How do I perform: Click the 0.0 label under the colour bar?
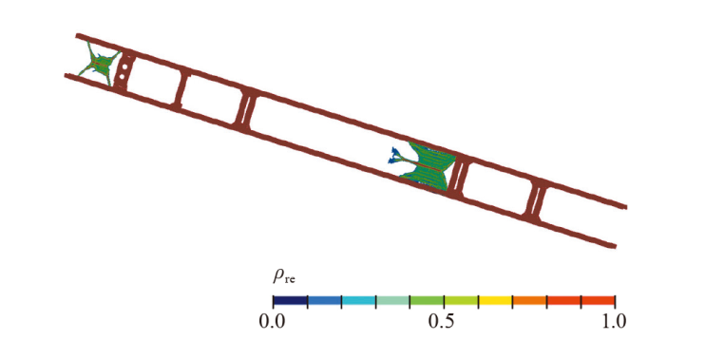[273, 321]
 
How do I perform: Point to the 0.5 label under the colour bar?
[444, 321]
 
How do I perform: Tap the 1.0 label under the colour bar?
[614, 321]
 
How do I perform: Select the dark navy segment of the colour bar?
[291, 300]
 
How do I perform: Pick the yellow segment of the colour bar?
[495, 300]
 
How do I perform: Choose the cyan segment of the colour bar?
[358, 300]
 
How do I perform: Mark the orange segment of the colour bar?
[529, 300]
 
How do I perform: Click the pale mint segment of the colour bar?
[392, 300]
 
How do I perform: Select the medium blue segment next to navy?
[324, 300]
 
